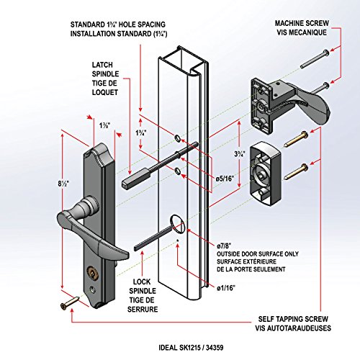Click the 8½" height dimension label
(63, 184)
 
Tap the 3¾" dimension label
(240, 154)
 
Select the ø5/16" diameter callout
(225, 179)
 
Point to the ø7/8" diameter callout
(224, 246)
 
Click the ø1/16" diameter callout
(226, 288)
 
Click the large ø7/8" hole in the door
(176, 224)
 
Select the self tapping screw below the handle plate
(70, 302)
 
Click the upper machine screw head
(326, 52)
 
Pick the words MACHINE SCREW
(302, 23)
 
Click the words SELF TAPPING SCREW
(293, 319)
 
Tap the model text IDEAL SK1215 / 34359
(191, 348)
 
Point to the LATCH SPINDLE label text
(105, 69)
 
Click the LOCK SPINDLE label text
(143, 287)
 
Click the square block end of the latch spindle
(136, 178)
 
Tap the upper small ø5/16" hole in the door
(177, 138)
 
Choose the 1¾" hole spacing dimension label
(141, 132)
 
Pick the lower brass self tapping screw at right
(297, 171)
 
